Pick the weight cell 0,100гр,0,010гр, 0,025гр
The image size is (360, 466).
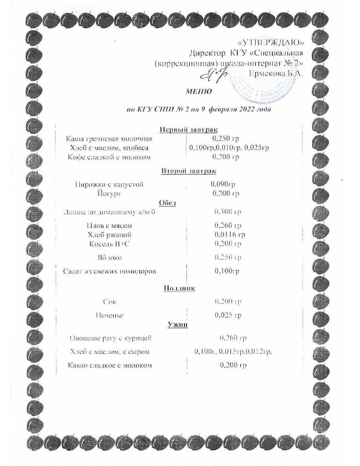click(x=229, y=148)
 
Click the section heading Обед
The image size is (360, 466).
click(x=168, y=202)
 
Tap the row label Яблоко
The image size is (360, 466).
click(x=108, y=257)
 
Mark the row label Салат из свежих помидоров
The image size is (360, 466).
click(x=110, y=271)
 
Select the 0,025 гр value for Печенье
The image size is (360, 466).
click(x=228, y=315)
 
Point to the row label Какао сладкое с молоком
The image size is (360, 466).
click(x=110, y=365)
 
